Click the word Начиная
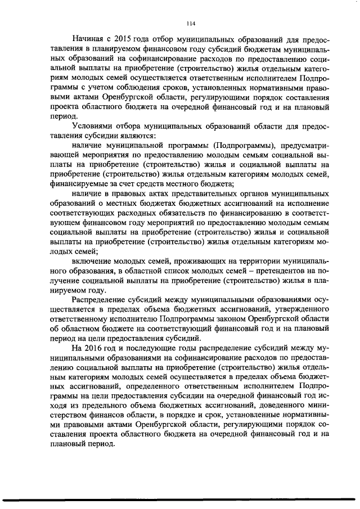click(88, 39)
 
